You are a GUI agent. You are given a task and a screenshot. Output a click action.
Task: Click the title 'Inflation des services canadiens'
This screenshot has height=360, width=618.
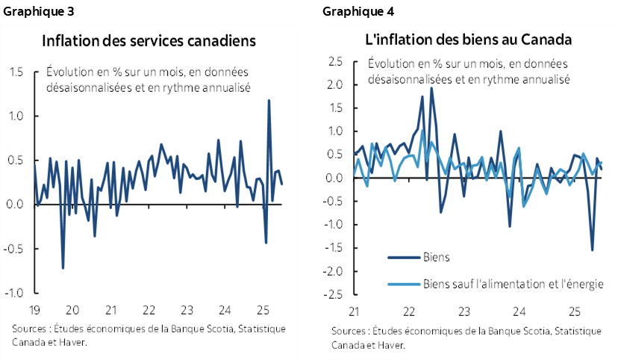pyautogui.click(x=149, y=40)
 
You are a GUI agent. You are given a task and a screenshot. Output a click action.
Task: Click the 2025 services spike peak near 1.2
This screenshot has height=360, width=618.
pyautogui.click(x=269, y=100)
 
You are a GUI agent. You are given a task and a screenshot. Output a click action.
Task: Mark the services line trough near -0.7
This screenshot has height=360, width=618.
pyautogui.click(x=63, y=268)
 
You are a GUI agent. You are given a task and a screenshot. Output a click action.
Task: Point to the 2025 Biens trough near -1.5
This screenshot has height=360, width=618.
pyautogui.click(x=592, y=250)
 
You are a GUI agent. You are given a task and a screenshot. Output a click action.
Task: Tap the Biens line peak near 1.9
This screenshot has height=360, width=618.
pyautogui.click(x=431, y=88)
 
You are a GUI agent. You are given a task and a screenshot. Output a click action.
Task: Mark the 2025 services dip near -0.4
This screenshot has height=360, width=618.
pyautogui.click(x=266, y=242)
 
